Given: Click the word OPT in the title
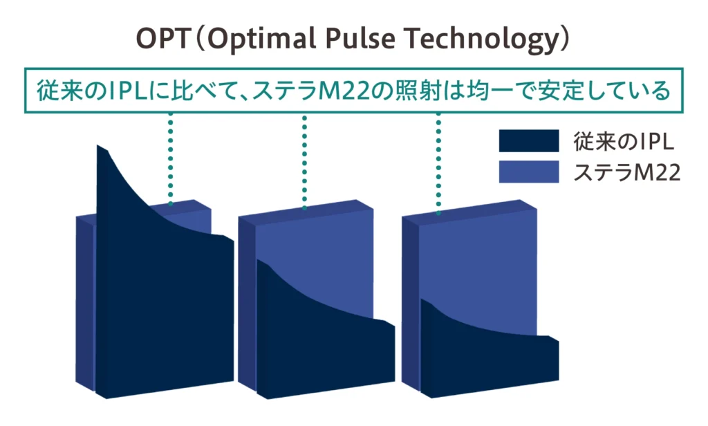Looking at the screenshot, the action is pos(163,39).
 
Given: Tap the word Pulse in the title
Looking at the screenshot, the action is pos(360,39).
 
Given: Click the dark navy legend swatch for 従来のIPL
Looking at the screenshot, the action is pos(529,140).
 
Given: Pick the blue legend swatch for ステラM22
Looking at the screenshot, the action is pos(529,172).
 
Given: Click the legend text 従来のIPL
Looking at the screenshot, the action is pos(624,141).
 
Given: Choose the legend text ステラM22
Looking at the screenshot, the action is pos(626,173).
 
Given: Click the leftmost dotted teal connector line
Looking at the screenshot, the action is pos(170,159).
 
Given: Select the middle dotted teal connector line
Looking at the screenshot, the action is pos(305,163).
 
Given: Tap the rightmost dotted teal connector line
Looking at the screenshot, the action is pos(438,163).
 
